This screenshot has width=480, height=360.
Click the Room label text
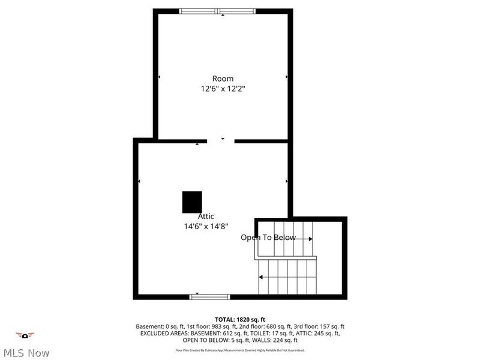coord(223,79)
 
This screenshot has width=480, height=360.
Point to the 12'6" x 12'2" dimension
coord(223,89)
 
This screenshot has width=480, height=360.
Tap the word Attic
coord(206,217)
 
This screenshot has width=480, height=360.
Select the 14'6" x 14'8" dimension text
coord(206,227)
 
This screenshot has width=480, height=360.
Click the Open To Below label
coord(268,238)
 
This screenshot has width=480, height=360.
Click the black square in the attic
coord(192,202)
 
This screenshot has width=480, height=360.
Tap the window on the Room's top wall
coord(218,11)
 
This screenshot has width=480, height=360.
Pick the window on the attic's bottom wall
coord(210,296)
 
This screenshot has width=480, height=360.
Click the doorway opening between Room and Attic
coord(221,141)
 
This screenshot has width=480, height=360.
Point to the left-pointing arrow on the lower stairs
coord(262,277)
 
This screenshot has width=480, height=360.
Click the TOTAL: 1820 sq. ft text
coord(240,319)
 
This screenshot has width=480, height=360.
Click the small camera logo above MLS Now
coord(25,335)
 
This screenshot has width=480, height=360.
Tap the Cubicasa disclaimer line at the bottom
coord(240,350)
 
